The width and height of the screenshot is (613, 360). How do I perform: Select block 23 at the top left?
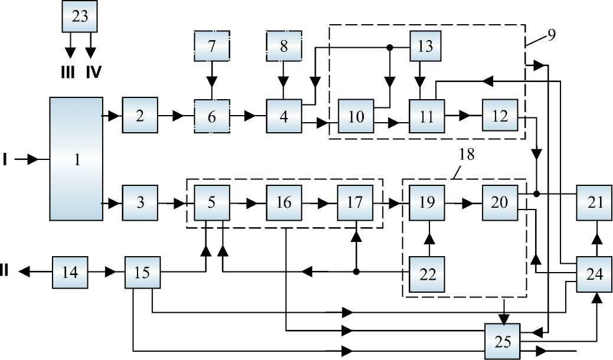pos(80,17)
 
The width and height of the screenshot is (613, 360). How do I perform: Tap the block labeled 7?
pos(212,45)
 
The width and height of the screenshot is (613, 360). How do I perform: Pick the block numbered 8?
pos(284,45)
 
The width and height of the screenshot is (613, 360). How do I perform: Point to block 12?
pos(500,116)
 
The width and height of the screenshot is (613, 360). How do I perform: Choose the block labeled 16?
pos(284,202)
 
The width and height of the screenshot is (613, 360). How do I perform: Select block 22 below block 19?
pos(428,273)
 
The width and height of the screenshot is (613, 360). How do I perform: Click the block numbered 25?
pos(503,341)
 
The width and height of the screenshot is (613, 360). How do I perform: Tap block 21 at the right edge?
pos(595,202)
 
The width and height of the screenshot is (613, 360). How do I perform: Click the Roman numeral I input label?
pos(5,159)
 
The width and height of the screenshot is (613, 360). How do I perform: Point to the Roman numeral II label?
pos(5,272)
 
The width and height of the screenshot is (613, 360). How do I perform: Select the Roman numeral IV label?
pos(93,72)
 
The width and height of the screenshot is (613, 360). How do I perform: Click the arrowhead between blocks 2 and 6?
pos(177,116)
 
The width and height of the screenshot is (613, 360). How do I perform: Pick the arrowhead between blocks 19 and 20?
pos(467,202)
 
